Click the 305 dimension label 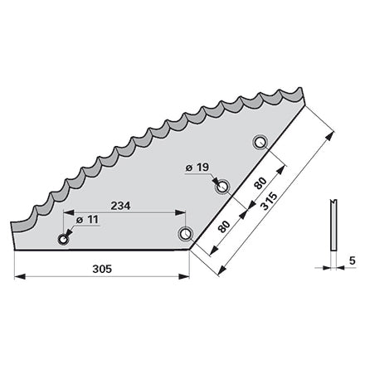click(102, 269)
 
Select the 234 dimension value click(120, 206)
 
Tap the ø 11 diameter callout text click(87, 220)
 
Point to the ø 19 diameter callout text click(197, 168)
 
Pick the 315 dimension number click(269, 201)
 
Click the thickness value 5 click(352, 260)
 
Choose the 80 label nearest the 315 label click(260, 183)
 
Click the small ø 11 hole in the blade click(63, 239)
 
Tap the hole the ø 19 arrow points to click(222, 187)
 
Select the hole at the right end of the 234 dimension click(185, 234)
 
